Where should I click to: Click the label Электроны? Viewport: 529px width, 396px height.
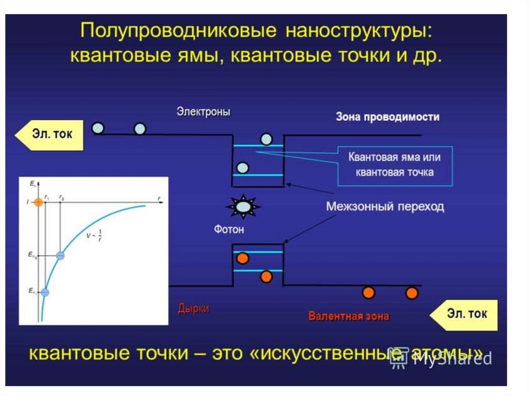[203, 112]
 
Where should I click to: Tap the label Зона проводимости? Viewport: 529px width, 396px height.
[387, 117]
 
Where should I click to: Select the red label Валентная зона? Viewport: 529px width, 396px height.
[349, 316]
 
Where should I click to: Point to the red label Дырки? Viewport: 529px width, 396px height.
[194, 309]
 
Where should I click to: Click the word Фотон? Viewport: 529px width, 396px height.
[228, 229]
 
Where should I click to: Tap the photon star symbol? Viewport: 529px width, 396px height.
[243, 207]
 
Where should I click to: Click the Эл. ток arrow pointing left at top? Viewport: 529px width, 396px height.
[49, 135]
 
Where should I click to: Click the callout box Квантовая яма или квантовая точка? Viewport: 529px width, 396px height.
[394, 164]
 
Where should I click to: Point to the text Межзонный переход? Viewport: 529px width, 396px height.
[385, 207]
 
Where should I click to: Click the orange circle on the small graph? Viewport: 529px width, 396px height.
[38, 202]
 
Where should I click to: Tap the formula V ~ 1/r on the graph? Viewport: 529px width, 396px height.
[95, 234]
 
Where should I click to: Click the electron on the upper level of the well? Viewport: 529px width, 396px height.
[266, 139]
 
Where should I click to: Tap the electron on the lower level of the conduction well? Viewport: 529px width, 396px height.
[242, 167]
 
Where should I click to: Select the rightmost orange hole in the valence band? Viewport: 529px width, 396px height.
[411, 293]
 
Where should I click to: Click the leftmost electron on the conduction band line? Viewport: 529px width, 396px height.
[98, 128]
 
